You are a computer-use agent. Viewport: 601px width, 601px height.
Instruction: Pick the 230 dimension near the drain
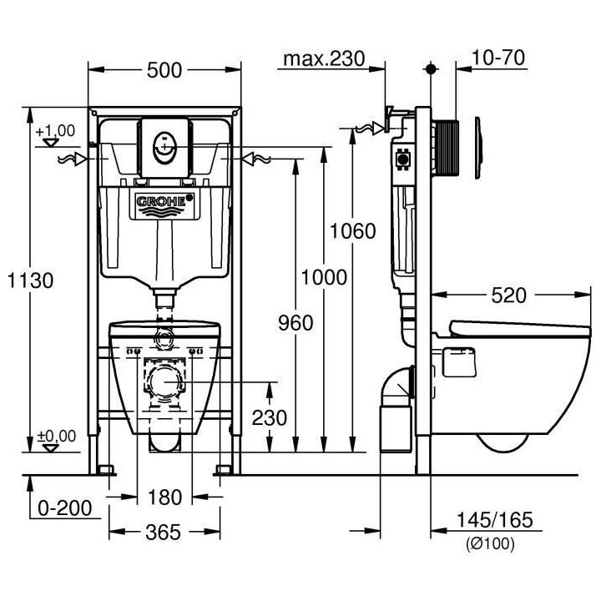click(x=269, y=417)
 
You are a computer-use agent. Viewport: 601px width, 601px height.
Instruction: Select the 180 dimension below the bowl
click(x=164, y=497)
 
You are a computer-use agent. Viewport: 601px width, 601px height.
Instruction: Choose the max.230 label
click(x=324, y=58)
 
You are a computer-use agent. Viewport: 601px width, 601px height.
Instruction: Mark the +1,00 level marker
click(x=55, y=131)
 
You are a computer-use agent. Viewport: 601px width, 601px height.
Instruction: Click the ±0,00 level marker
click(x=55, y=436)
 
